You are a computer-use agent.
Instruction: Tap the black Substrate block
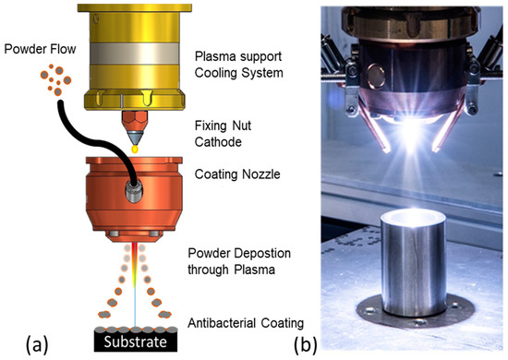coord(135,342)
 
